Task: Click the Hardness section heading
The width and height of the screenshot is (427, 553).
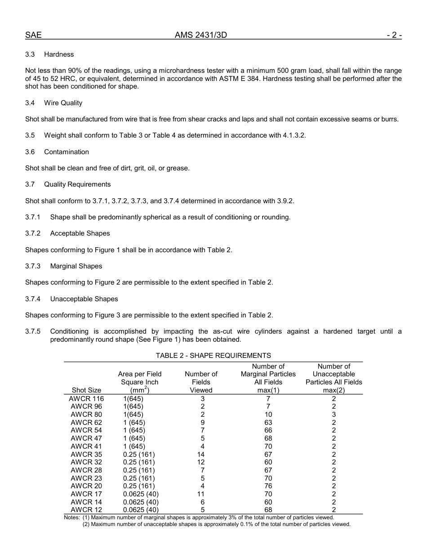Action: click(x=59, y=54)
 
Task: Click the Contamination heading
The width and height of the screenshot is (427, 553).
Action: click(x=67, y=152)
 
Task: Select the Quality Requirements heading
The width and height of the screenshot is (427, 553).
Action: click(x=77, y=184)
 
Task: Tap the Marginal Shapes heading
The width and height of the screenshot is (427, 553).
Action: click(x=76, y=266)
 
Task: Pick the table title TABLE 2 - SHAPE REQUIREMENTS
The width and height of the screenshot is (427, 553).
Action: click(x=213, y=356)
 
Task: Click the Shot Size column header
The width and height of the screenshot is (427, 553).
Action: click(x=86, y=390)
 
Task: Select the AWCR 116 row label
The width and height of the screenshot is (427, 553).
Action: click(x=86, y=399)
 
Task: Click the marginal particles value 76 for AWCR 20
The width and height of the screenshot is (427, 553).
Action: click(x=268, y=486)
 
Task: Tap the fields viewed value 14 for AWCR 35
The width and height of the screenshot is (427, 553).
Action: click(x=201, y=455)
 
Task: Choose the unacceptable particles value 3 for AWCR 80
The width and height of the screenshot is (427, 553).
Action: click(x=334, y=415)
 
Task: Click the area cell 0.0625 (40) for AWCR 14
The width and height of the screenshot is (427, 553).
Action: click(x=141, y=502)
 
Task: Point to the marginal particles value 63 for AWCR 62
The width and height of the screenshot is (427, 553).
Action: click(x=268, y=423)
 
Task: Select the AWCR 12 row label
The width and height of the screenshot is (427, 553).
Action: click(x=86, y=510)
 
